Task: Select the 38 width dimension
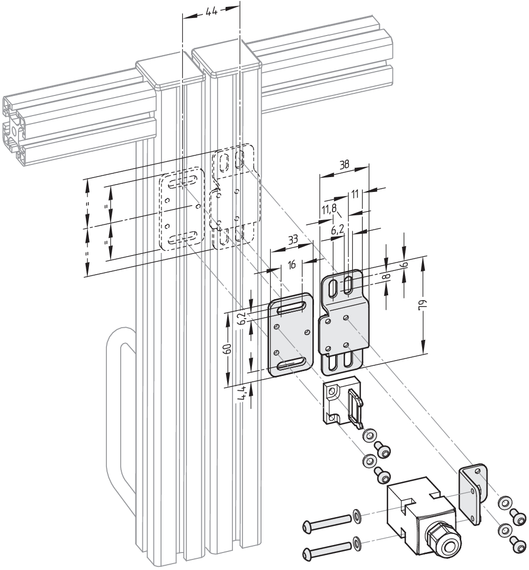click(344, 165)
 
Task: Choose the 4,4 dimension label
click(241, 393)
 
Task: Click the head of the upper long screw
click(309, 525)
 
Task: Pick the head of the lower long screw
click(308, 553)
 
